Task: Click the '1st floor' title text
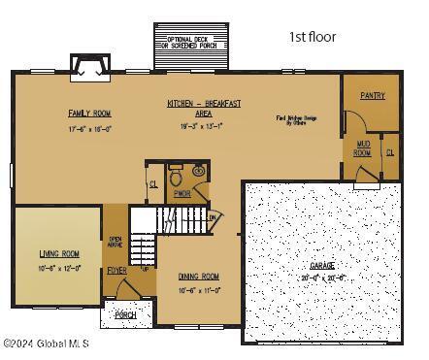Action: coord(312,37)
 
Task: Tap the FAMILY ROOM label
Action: coord(89,114)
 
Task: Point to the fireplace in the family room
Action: coord(90,65)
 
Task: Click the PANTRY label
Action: coord(373,96)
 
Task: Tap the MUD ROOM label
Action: coord(361,148)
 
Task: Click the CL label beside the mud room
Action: coord(390,152)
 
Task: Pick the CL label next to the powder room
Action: coord(153,183)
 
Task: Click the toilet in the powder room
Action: coord(177,178)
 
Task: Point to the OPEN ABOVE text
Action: coord(115,243)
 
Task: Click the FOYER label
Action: coord(116,271)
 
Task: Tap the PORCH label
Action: coord(125,315)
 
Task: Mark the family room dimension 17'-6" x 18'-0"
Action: coord(89,128)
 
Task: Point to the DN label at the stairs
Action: coord(212,217)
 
